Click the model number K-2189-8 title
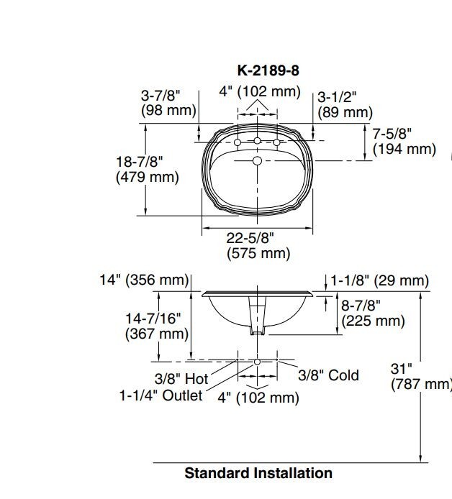click(x=268, y=70)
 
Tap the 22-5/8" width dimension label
click(x=258, y=246)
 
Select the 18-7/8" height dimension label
click(x=147, y=169)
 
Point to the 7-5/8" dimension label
click(x=404, y=142)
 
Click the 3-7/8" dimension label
click(x=168, y=103)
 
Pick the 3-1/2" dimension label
click(x=345, y=104)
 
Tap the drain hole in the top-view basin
click(x=257, y=161)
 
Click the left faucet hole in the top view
click(x=238, y=142)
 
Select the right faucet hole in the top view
click(x=276, y=142)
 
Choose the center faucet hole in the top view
click(x=257, y=140)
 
